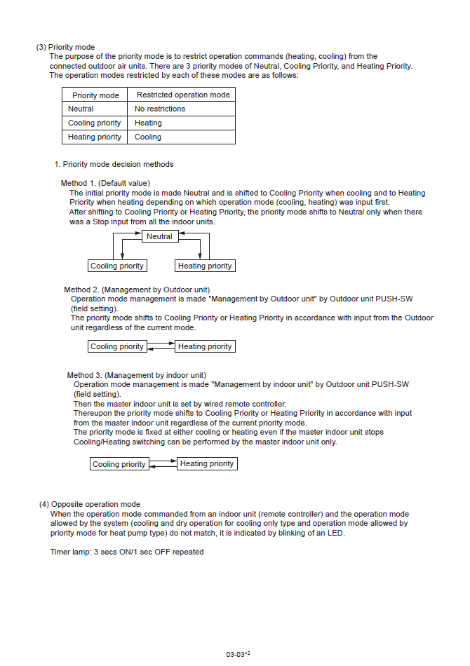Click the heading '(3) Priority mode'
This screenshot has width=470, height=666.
click(65, 47)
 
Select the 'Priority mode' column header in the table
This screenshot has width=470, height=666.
click(95, 95)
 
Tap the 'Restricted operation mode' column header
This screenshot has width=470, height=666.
click(182, 95)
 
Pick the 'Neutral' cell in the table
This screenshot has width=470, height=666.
click(81, 109)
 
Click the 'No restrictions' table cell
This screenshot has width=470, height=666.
click(160, 109)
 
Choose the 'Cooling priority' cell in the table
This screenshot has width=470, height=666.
click(94, 123)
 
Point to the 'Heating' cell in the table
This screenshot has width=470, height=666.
click(148, 123)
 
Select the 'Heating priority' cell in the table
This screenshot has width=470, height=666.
click(94, 137)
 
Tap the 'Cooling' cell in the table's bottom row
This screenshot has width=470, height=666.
click(148, 137)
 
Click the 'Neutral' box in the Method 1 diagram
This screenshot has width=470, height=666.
click(159, 236)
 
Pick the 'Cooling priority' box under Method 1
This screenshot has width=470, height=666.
click(117, 266)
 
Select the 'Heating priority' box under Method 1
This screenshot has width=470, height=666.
click(205, 266)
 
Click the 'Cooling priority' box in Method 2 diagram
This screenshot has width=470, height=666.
click(117, 346)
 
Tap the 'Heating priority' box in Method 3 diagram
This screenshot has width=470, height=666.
click(207, 463)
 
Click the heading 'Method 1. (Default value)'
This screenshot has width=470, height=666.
click(105, 183)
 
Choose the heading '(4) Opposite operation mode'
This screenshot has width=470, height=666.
click(90, 504)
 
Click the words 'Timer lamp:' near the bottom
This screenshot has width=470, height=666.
click(70, 552)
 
